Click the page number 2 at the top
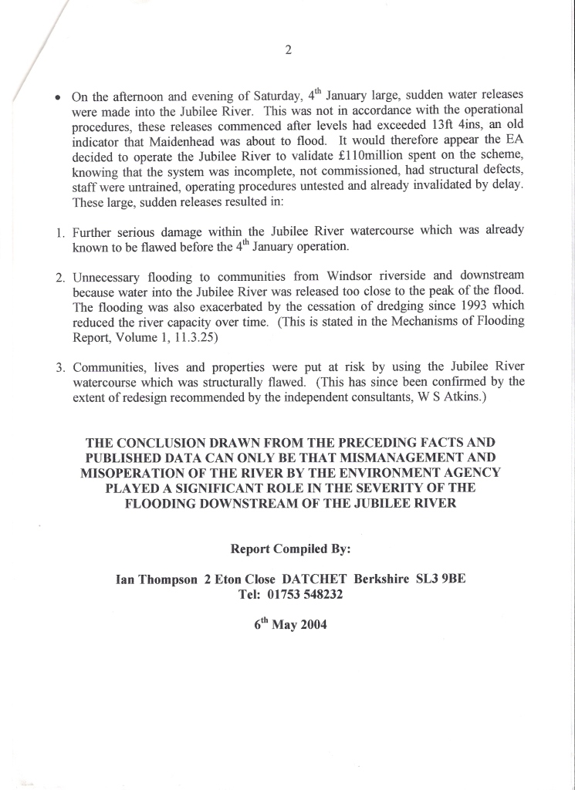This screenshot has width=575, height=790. pyautogui.click(x=288, y=51)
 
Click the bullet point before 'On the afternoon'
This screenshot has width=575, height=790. pyautogui.click(x=58, y=99)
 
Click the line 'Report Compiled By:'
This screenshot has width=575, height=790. pyautogui.click(x=290, y=549)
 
